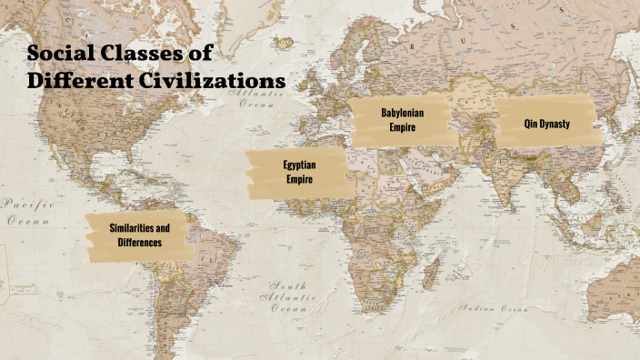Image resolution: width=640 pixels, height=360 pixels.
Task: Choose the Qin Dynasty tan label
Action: [547, 123]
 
